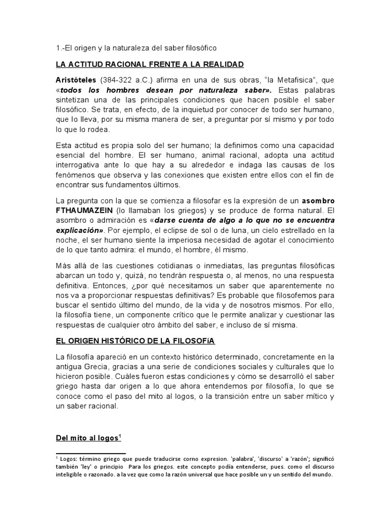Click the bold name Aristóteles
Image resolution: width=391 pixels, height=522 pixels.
[x=76, y=81]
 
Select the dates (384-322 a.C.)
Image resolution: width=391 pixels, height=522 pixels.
[x=128, y=81]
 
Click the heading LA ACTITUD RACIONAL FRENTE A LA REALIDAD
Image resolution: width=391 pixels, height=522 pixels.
[x=150, y=64]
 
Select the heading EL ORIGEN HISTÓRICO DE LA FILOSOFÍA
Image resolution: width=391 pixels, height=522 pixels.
[x=147, y=338]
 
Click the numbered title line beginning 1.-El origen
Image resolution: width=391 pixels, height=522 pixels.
[x=136, y=48]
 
